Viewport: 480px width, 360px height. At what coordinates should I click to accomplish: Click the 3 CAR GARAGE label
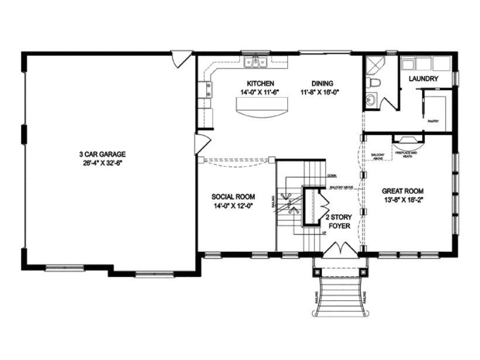[103, 155]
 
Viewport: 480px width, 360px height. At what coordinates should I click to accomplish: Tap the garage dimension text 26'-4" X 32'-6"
[103, 163]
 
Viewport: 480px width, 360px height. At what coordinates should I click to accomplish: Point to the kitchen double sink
[256, 61]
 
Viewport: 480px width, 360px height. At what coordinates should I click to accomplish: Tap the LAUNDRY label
[424, 78]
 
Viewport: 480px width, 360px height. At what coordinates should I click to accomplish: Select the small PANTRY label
[433, 121]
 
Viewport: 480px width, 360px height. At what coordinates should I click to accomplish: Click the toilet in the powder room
[375, 83]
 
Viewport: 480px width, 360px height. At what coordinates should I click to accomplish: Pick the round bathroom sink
[371, 100]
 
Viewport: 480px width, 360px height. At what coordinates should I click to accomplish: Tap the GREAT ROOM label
[402, 191]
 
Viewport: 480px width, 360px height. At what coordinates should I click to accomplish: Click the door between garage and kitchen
[201, 143]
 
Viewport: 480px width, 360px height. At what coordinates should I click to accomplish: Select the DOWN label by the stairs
[332, 175]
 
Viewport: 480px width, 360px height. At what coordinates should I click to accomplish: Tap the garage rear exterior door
[181, 57]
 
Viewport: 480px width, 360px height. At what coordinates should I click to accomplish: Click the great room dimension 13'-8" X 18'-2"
[402, 200]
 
